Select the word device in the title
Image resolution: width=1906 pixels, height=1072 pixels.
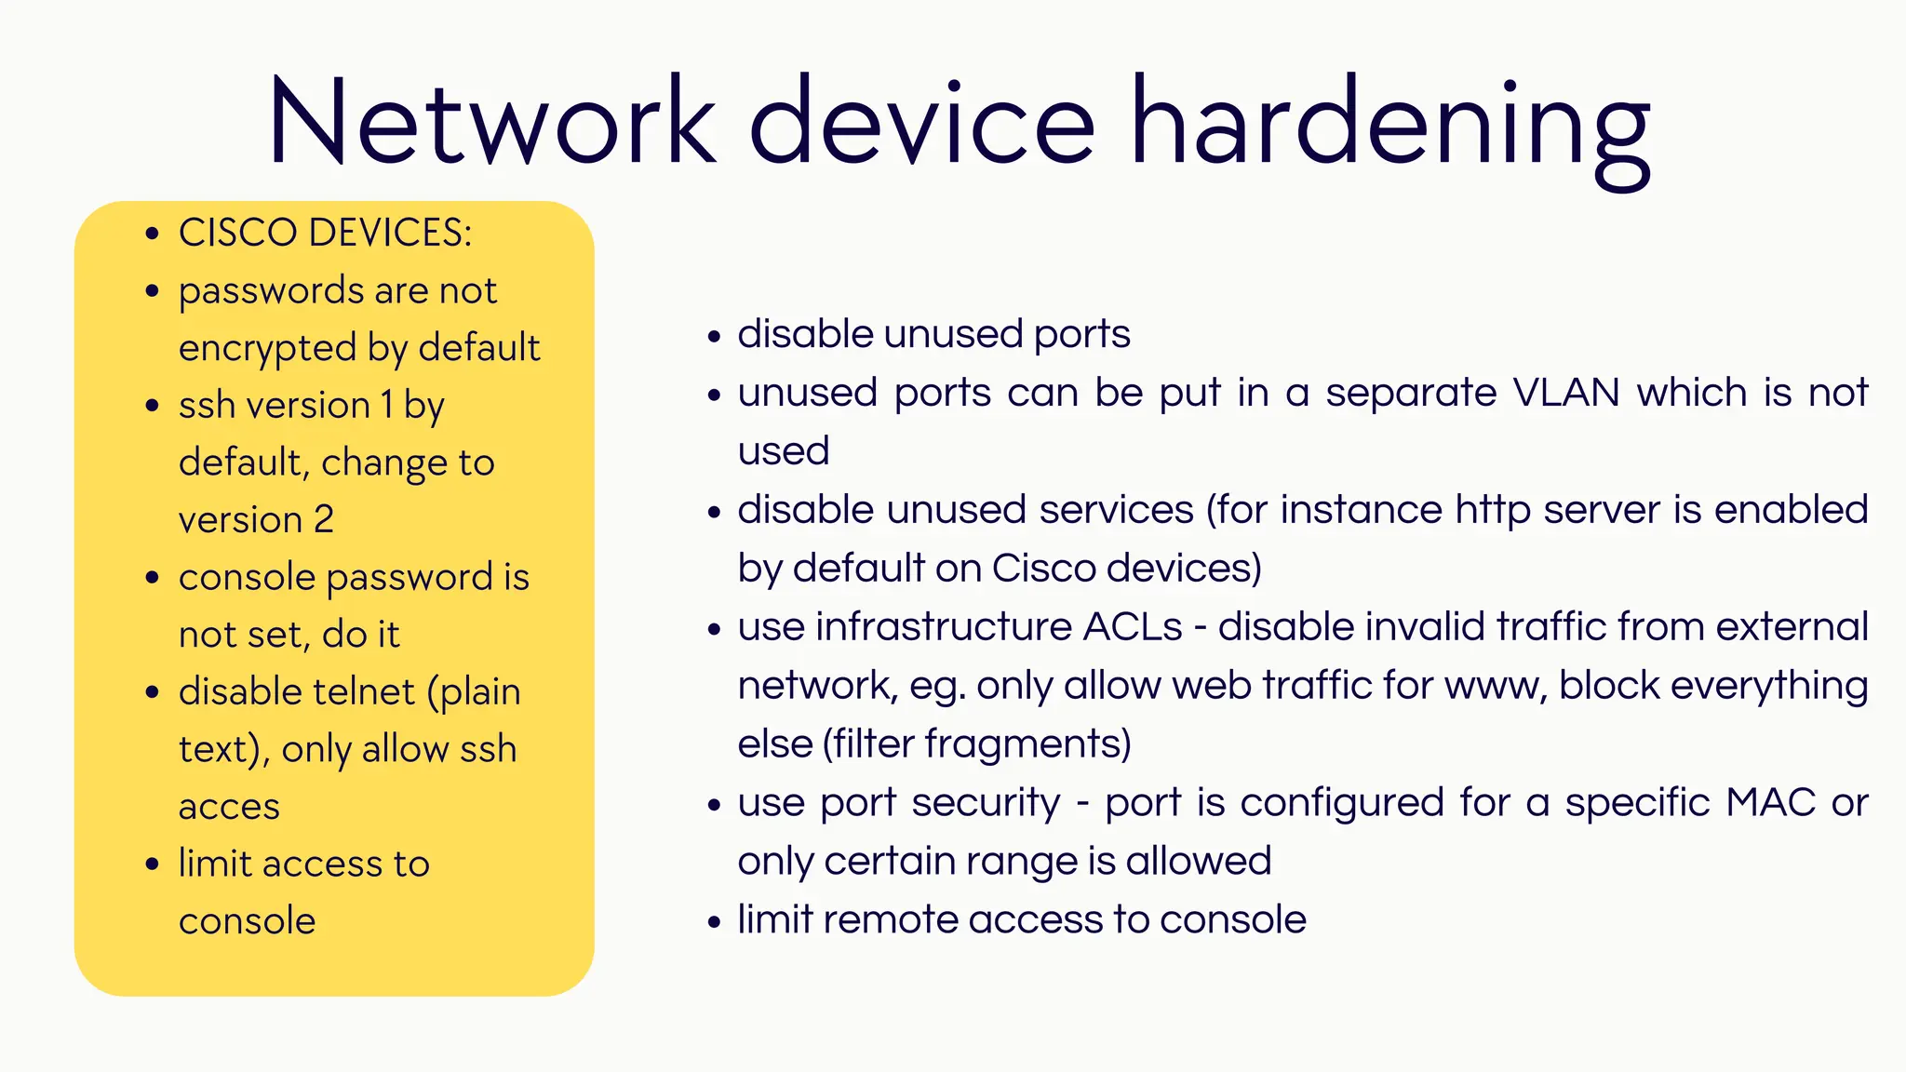coord(921,121)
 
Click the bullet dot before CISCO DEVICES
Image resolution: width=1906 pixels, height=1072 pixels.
coord(153,234)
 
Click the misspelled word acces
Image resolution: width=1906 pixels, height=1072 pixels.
coord(229,807)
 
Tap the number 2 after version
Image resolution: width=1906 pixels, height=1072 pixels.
coord(323,519)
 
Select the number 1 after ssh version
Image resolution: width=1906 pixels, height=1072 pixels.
coord(386,406)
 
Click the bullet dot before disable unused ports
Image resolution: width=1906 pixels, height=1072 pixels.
coord(714,336)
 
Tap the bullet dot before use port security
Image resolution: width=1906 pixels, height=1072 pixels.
coord(714,804)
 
